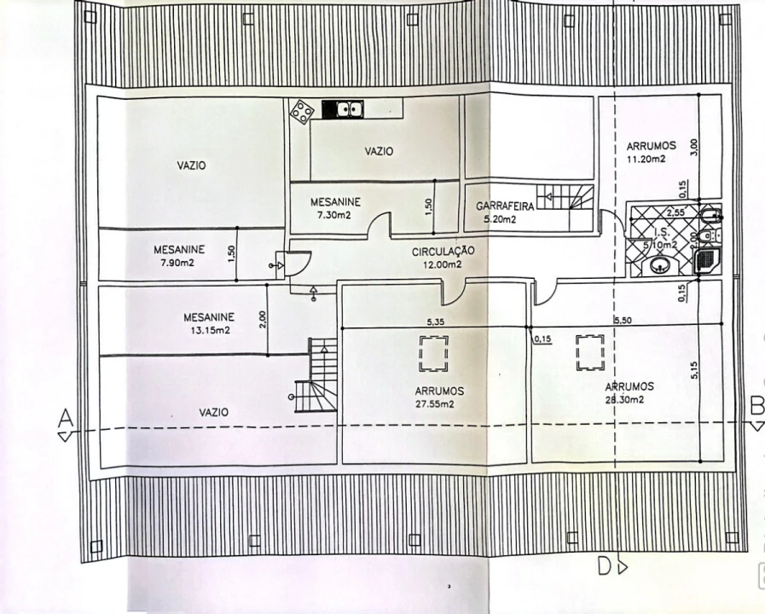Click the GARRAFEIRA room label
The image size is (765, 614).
pyautogui.click(x=505, y=206)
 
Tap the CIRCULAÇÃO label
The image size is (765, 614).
pyautogui.click(x=443, y=252)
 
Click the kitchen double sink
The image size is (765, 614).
pyautogui.click(x=343, y=109)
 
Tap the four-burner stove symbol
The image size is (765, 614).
pyautogui.click(x=301, y=112)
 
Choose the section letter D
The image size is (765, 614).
pyautogui.click(x=604, y=566)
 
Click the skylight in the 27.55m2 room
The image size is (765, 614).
pyautogui.click(x=433, y=353)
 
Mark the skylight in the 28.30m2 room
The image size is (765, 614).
pyautogui.click(x=589, y=351)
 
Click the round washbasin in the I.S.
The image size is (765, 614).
pyautogui.click(x=659, y=268)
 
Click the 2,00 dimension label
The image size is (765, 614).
pyautogui.click(x=262, y=320)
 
